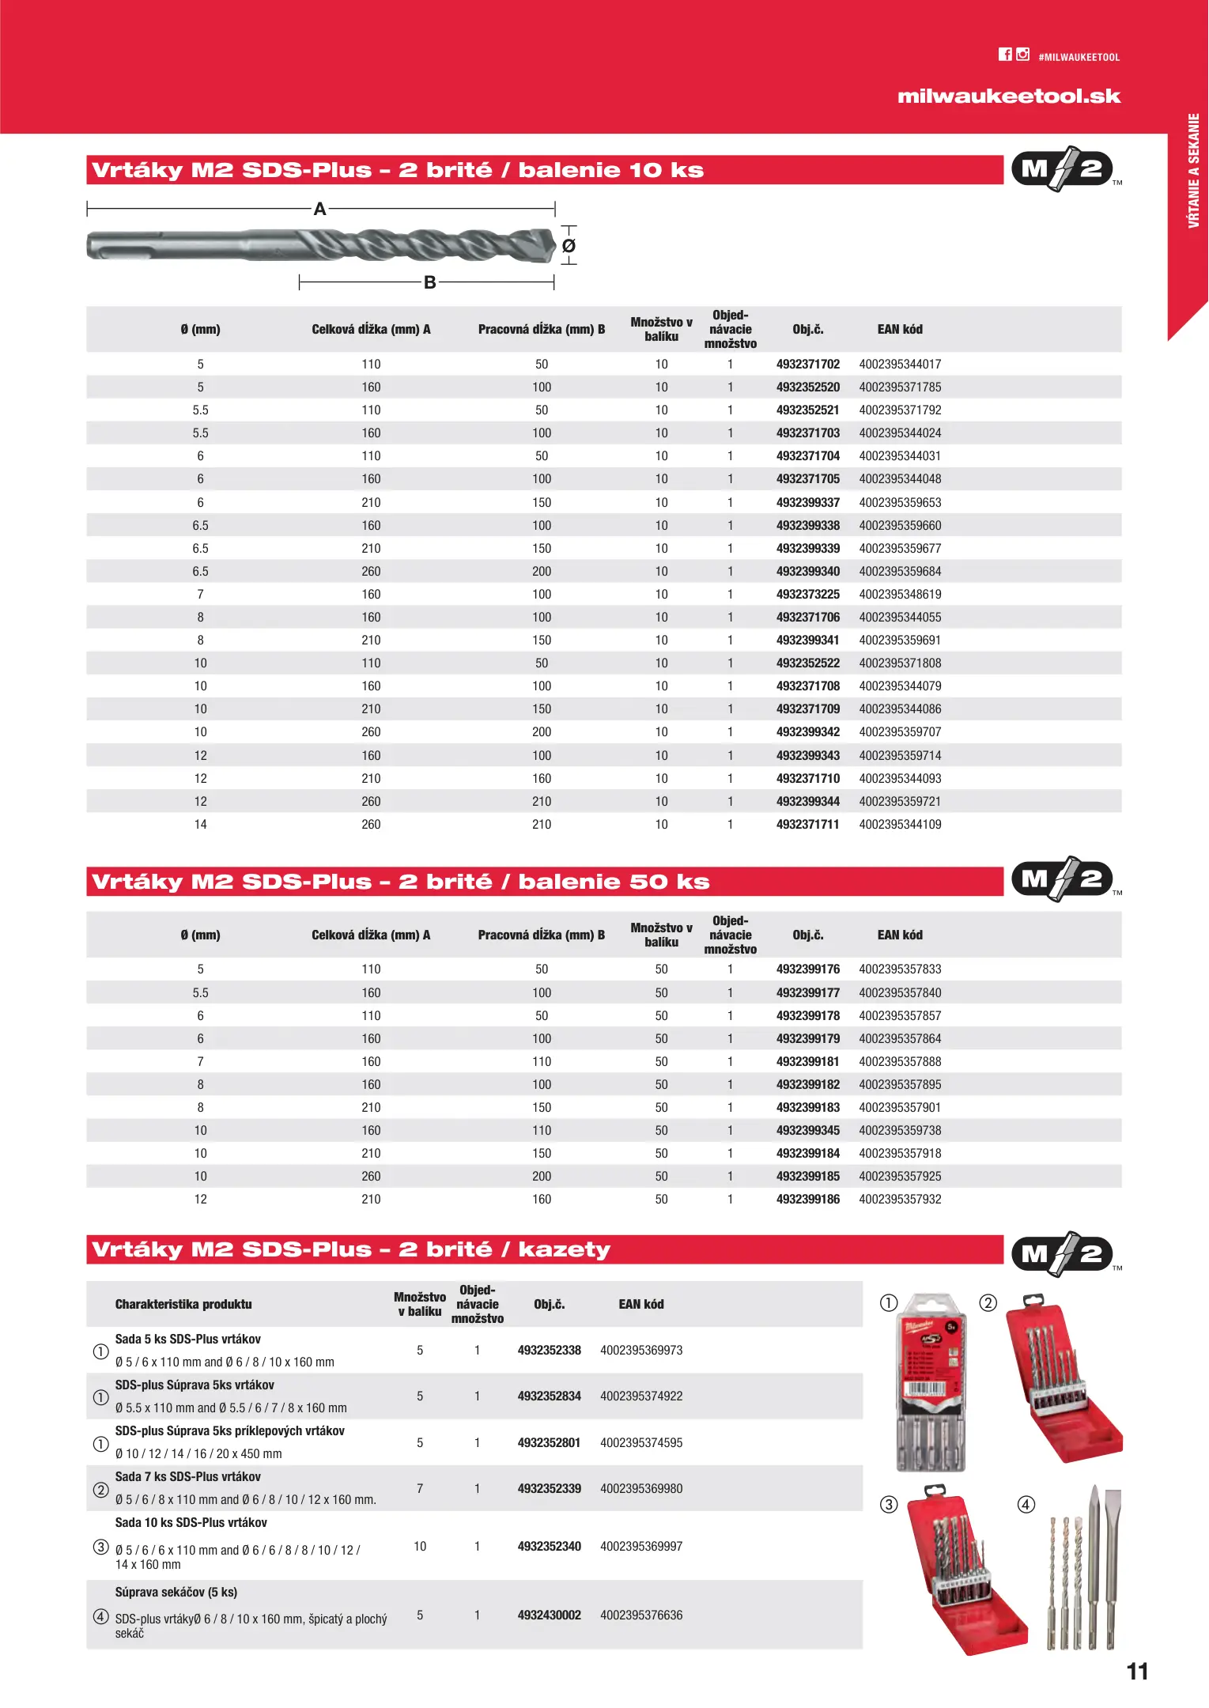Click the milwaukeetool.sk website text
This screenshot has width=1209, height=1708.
[x=1009, y=96]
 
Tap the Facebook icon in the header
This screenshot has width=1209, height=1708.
[x=1005, y=55]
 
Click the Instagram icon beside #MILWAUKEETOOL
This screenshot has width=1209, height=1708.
[x=1023, y=55]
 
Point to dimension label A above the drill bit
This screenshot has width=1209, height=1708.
[x=319, y=209]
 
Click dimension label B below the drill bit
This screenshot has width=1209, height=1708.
[x=429, y=282]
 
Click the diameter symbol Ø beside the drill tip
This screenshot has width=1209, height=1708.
[x=569, y=246]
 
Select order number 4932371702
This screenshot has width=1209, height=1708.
[x=807, y=365]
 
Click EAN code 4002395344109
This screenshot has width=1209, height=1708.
[x=900, y=825]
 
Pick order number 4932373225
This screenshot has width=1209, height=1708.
[x=807, y=595]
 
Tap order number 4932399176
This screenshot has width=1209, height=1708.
[x=807, y=969]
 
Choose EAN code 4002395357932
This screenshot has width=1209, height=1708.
[x=900, y=1200]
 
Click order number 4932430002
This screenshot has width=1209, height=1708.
[x=549, y=1615]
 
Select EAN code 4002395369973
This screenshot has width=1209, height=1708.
[x=641, y=1351]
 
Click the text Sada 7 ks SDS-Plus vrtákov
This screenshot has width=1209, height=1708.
[x=188, y=1477]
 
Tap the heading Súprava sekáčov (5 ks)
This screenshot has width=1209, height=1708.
[x=176, y=1593]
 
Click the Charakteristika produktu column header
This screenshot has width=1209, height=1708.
[x=183, y=1305]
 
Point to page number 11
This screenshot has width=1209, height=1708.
[x=1137, y=1672]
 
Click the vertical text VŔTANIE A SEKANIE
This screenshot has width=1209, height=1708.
[x=1193, y=171]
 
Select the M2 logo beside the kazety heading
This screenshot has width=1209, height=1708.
[x=1063, y=1254]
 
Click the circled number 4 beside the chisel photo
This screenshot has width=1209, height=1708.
[x=1026, y=1505]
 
